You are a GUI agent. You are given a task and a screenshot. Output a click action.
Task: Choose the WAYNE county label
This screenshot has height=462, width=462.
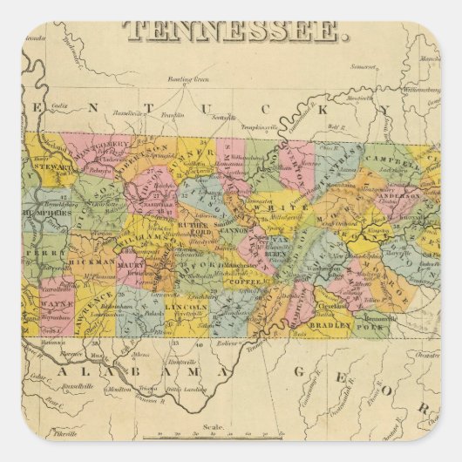click(x=57, y=304)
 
